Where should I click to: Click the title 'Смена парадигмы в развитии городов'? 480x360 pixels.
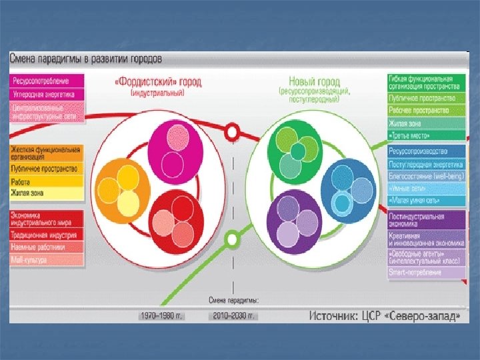point(85,59)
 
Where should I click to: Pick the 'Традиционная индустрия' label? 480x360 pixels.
point(45,235)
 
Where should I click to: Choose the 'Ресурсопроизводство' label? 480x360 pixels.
point(419,151)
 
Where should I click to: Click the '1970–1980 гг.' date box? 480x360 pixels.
point(163,315)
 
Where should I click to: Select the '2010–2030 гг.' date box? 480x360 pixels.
point(233,315)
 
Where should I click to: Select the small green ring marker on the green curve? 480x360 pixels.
point(232,237)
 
